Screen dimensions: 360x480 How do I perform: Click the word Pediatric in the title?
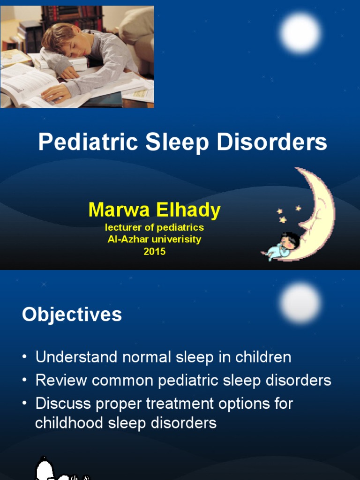tap(88, 142)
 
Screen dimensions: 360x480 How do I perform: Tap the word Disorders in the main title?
tap(272, 142)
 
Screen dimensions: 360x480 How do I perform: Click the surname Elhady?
tap(188, 210)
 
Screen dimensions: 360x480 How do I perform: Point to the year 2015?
tap(155, 252)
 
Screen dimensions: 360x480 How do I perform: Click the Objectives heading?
tap(72, 315)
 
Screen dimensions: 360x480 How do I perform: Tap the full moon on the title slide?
tap(300, 33)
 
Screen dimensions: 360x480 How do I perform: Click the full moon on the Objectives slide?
tap(300, 303)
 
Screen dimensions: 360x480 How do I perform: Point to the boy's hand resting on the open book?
tap(55, 93)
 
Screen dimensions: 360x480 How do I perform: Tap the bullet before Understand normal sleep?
tap(24, 357)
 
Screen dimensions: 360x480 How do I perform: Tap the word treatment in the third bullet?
tap(180, 403)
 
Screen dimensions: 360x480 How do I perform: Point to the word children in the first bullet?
tap(263, 357)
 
